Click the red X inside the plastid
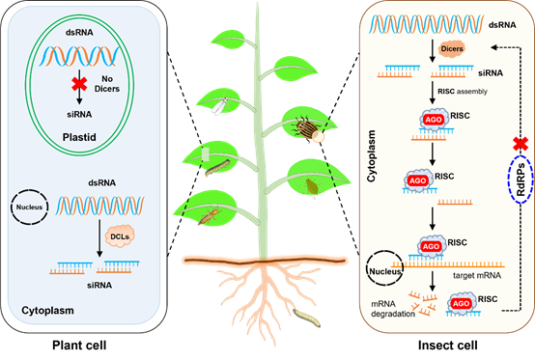coord(79,84)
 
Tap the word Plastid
coord(79,137)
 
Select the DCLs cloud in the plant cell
coord(120,235)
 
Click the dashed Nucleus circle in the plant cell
coord(29,207)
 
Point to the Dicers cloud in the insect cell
coord(452,49)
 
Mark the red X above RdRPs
coord(521,144)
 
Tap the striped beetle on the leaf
coord(305,127)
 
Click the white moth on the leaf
coord(220,106)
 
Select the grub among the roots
coord(307,318)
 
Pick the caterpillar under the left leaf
coord(217,167)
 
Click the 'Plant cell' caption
coord(79,346)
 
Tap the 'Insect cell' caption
coord(448,346)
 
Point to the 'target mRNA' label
coord(477,275)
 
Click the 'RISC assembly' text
coord(463,92)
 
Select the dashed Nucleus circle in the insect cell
coord(385,268)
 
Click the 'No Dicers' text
coord(107,84)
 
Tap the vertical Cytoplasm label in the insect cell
coord(371,155)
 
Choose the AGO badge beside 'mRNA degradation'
coord(461,303)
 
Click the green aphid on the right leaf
coord(312,187)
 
